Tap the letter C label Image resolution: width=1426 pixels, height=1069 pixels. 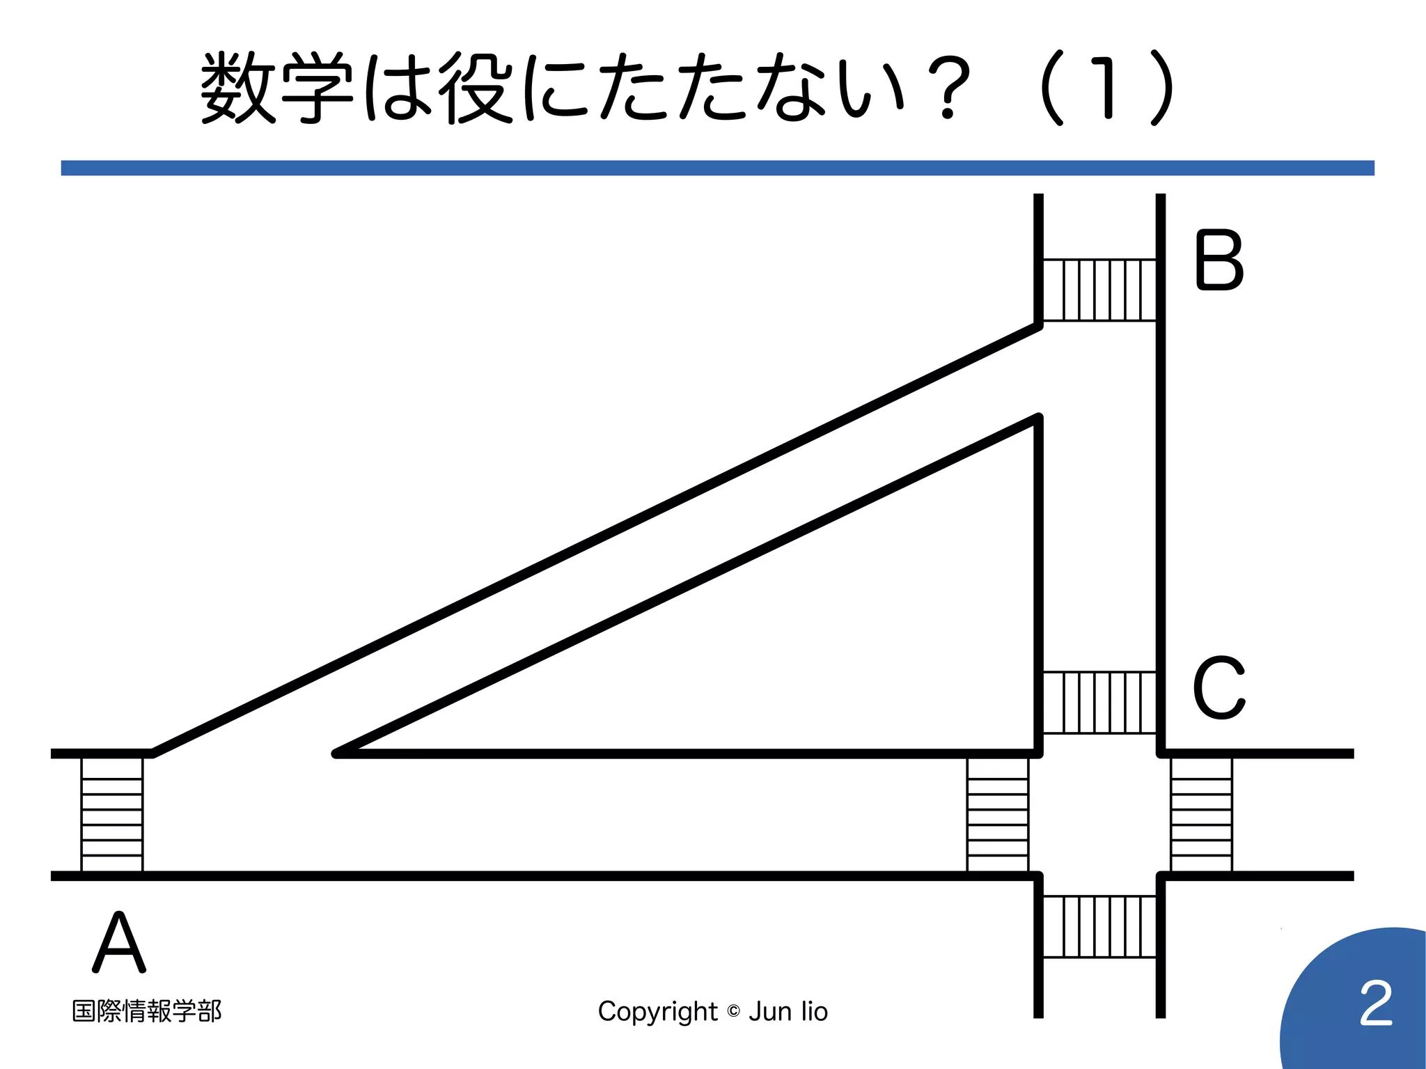[x=1219, y=687]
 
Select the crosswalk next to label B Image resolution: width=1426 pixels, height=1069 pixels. [x=1099, y=290]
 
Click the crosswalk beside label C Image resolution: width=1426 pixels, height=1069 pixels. [x=1099, y=702]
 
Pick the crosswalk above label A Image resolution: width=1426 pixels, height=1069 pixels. [x=112, y=814]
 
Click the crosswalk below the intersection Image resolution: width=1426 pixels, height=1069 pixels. [x=1099, y=926]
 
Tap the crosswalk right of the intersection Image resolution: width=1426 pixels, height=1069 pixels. [x=1201, y=814]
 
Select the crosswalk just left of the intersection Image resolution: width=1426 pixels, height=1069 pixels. [x=998, y=814]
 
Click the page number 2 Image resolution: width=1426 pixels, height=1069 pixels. [x=1376, y=1004]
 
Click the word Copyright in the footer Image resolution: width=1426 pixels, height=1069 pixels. [x=657, y=1012]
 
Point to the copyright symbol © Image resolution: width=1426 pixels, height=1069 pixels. [x=733, y=1011]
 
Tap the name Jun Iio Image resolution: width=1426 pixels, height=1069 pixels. [x=788, y=1011]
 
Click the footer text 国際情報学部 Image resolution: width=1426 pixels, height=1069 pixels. [x=147, y=1011]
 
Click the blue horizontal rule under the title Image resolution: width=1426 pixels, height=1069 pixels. [x=717, y=168]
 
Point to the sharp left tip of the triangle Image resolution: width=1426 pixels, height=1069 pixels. [x=337, y=754]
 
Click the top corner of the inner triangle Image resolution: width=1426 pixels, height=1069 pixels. [x=1037, y=419]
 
